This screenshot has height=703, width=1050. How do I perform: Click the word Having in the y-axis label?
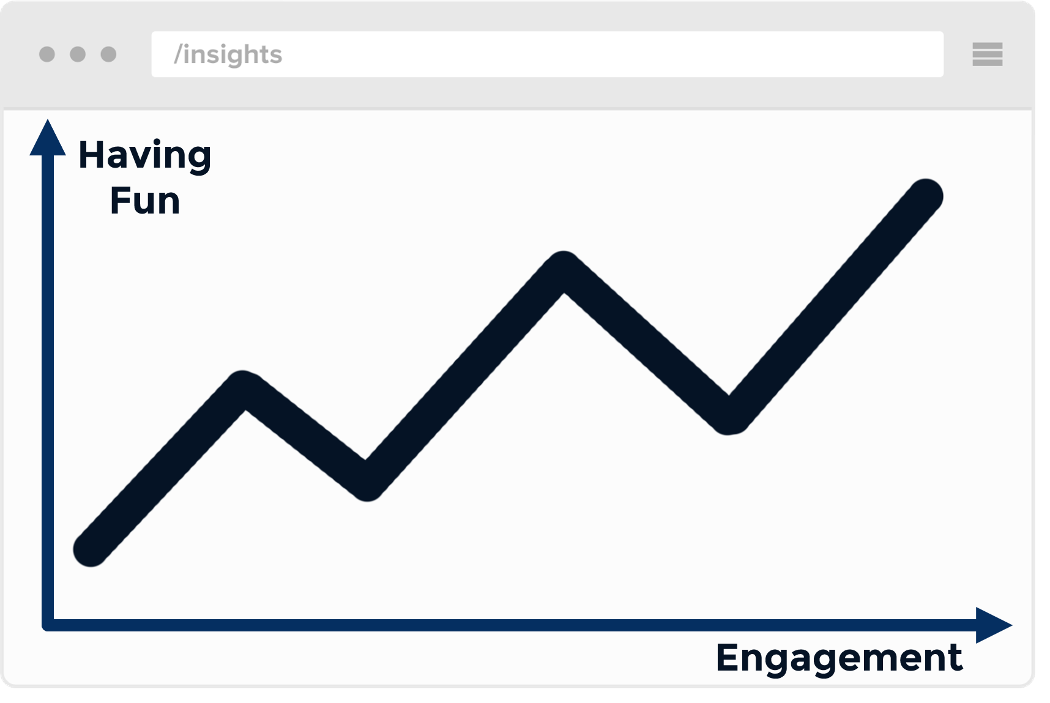(x=145, y=155)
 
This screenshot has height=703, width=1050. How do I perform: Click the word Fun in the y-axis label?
(x=145, y=201)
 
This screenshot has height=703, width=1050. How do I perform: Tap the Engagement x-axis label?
(x=839, y=659)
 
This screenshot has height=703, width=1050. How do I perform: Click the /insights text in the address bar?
(x=228, y=54)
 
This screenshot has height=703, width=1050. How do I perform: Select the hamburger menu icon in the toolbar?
(x=987, y=54)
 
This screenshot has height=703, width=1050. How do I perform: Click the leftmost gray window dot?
(x=47, y=54)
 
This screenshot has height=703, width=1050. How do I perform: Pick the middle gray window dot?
(x=78, y=54)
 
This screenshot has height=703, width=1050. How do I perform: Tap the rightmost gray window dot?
(x=108, y=54)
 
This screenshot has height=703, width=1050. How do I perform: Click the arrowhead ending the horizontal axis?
(x=994, y=625)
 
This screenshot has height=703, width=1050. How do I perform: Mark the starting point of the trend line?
(x=91, y=549)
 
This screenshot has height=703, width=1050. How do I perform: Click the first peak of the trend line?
(x=244, y=389)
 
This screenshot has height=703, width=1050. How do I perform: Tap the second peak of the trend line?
(x=563, y=270)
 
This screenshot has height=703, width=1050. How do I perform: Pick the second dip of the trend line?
(x=729, y=417)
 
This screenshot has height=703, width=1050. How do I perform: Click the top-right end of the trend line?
(x=925, y=196)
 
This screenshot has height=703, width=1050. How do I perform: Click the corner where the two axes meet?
(x=48, y=625)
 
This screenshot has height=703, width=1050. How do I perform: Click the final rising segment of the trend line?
(x=827, y=307)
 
